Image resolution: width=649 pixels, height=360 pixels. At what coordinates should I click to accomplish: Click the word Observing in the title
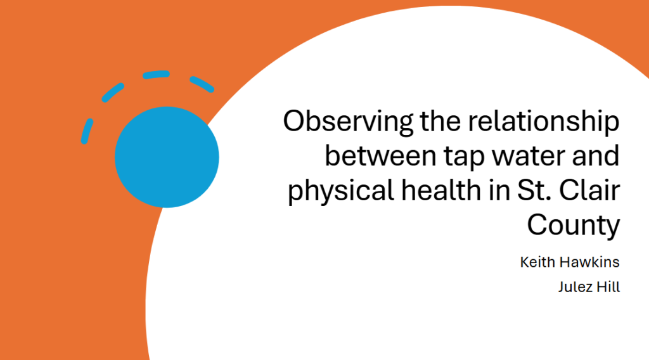(348, 122)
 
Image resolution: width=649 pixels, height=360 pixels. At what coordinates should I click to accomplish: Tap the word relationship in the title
(543, 122)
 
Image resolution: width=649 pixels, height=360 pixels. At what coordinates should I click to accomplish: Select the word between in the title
(381, 156)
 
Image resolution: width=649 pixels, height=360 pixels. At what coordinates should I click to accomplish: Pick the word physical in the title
(341, 192)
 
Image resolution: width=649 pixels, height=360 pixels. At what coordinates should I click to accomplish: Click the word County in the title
(573, 226)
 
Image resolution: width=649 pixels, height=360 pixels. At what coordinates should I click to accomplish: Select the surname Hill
(607, 286)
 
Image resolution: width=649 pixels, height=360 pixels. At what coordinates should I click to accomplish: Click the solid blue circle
(167, 157)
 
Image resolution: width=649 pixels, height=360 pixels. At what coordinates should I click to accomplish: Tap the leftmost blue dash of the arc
(86, 131)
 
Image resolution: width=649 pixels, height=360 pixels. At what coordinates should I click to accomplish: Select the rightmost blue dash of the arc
(202, 84)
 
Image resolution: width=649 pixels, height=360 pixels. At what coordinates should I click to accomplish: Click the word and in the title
(596, 156)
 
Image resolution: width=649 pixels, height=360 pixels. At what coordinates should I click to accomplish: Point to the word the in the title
(440, 122)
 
